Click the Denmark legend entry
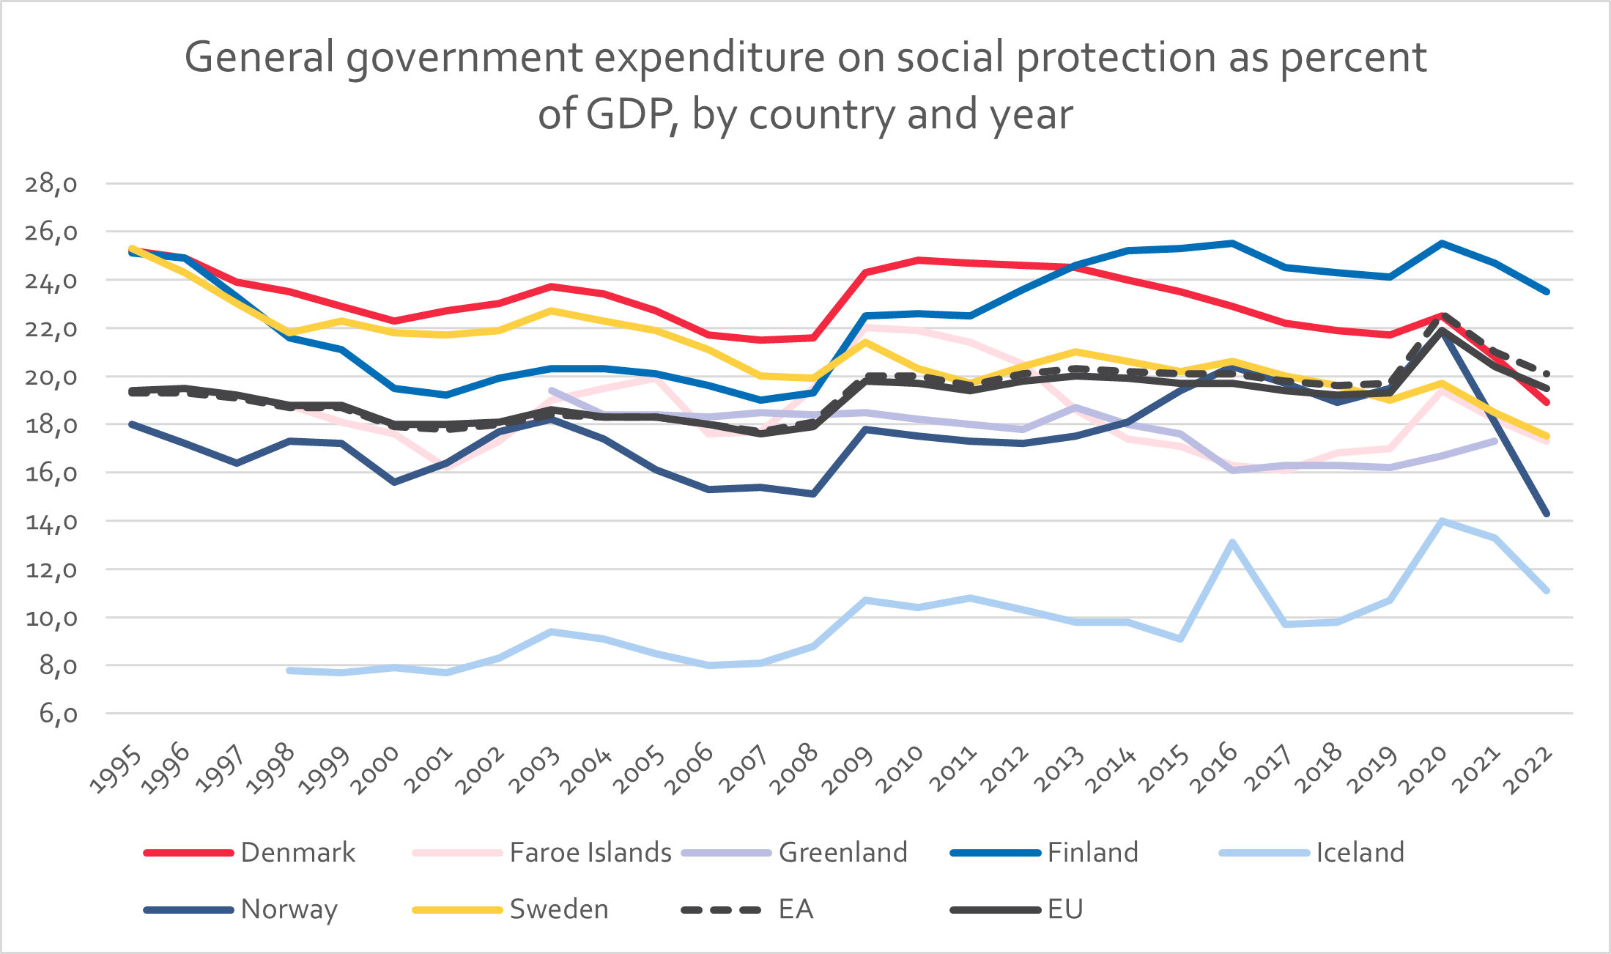(x=250, y=852)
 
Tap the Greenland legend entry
(x=795, y=852)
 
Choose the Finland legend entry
(x=1045, y=852)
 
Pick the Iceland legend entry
(x=1312, y=852)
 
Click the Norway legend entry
(x=241, y=909)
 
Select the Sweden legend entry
(x=511, y=909)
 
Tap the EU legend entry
(x=1017, y=909)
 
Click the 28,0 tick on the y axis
(x=51, y=183)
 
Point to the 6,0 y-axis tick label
(x=58, y=713)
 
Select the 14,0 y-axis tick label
(x=51, y=521)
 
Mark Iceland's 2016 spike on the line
(x=1233, y=542)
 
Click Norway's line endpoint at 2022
(x=1547, y=514)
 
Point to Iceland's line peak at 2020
(x=1442, y=521)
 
